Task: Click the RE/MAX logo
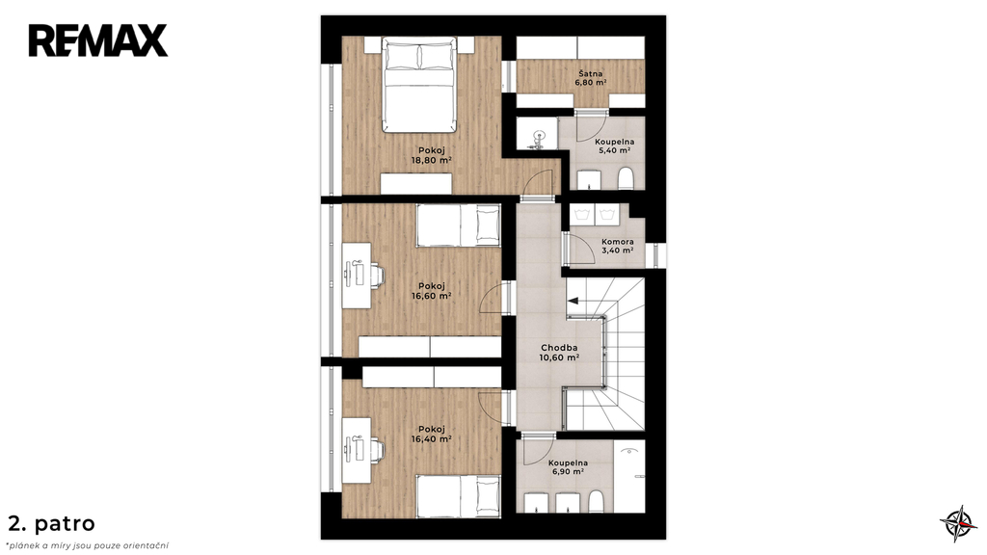point(97,40)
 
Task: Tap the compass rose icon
point(959,523)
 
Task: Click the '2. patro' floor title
point(52,523)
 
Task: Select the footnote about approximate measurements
point(88,545)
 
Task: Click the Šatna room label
point(589,73)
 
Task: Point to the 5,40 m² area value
point(614,151)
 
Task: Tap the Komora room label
point(618,242)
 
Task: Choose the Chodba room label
point(559,348)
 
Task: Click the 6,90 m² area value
point(568,471)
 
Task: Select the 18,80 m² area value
point(431,160)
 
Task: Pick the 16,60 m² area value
point(431,296)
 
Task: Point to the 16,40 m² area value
point(431,439)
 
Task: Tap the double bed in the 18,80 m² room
point(418,85)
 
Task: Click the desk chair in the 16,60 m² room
point(377,275)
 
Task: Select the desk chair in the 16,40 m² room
point(377,450)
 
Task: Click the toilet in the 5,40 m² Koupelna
point(625,178)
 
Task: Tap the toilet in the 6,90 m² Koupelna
point(596,502)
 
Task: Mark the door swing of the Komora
point(580,250)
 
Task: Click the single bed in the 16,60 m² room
point(458,225)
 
